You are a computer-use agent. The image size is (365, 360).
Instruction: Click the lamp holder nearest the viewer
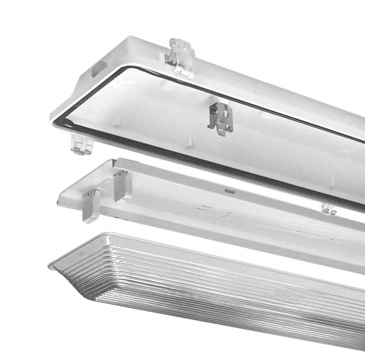pyautogui.click(x=91, y=205)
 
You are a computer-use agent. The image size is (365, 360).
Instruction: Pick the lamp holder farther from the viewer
pyautogui.click(x=120, y=185)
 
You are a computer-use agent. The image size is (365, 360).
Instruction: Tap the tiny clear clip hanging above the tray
pyautogui.click(x=328, y=209)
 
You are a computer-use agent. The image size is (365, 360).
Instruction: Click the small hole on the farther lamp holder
pyautogui.click(x=119, y=178)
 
